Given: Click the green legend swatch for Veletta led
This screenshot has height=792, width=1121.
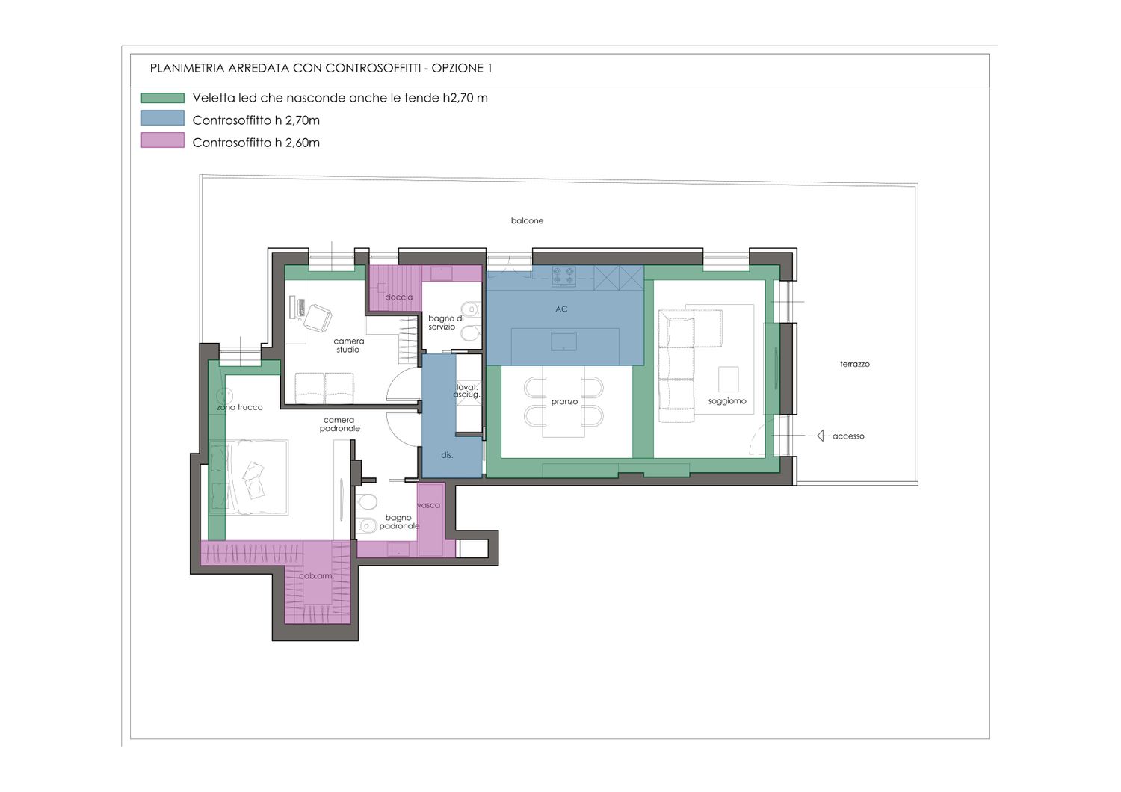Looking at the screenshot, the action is tap(163, 98).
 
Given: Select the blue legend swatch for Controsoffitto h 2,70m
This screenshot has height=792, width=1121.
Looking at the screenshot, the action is tap(163, 118).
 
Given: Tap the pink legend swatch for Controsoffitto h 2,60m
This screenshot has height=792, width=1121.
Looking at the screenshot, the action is tap(163, 140).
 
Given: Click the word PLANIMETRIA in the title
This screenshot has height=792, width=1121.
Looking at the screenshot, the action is tap(187, 69).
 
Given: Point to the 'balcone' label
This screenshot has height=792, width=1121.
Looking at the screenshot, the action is tap(527, 220).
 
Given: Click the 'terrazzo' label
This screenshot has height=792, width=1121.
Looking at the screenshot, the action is tap(855, 364).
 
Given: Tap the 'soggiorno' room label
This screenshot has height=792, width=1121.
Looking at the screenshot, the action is tap(727, 401).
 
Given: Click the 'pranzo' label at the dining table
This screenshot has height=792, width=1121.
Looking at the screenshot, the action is tap(564, 402).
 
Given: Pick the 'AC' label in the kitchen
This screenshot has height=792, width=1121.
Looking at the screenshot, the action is tap(561, 309).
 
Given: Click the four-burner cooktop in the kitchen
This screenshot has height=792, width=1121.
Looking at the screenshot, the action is tap(564, 276).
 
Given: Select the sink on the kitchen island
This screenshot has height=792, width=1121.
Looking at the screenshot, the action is tap(564, 341).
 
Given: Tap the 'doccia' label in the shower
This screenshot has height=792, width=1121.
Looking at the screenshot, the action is tap(399, 297).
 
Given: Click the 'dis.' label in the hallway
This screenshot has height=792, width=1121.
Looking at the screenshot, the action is tap(447, 455).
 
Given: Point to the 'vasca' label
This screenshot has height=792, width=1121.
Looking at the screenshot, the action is tap(428, 505).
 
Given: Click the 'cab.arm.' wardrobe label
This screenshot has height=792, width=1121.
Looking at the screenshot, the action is tap(316, 576).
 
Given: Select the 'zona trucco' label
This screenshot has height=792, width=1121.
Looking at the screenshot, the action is tap(240, 407).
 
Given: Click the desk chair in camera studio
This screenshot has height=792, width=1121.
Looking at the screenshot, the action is tap(318, 318).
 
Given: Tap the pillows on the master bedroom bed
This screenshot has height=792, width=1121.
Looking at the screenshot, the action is tap(254, 480).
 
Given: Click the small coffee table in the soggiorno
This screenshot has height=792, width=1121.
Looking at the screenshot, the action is tap(728, 380).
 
